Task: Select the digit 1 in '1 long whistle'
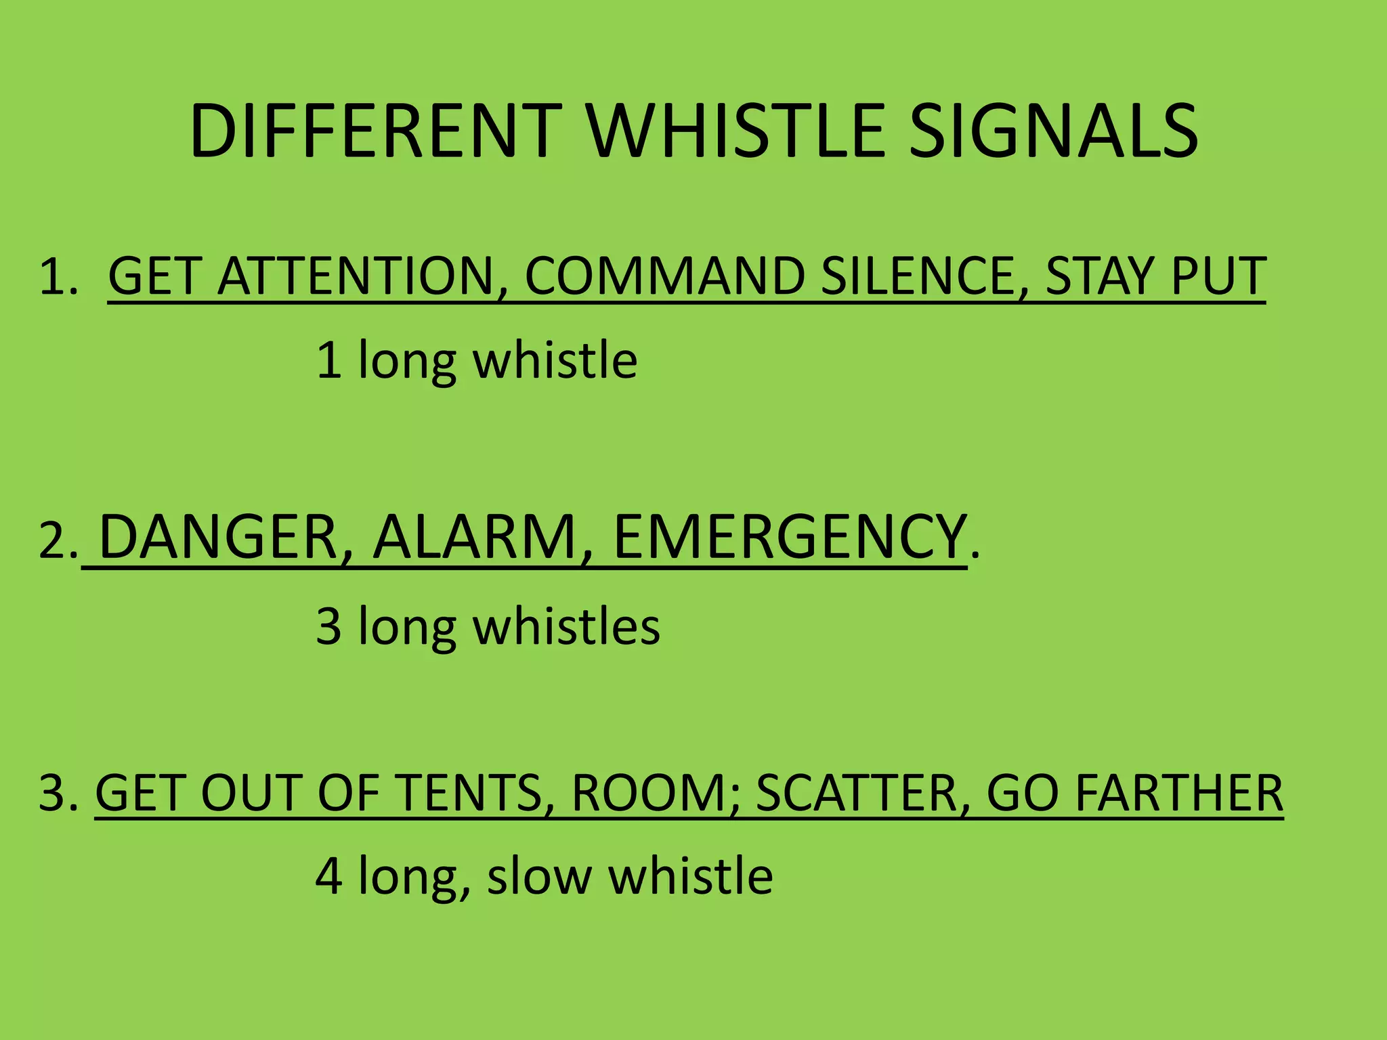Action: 328,360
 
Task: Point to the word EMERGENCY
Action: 790,538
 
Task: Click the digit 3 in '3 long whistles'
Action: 328,626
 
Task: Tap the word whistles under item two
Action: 566,626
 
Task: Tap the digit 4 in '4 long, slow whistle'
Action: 328,876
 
